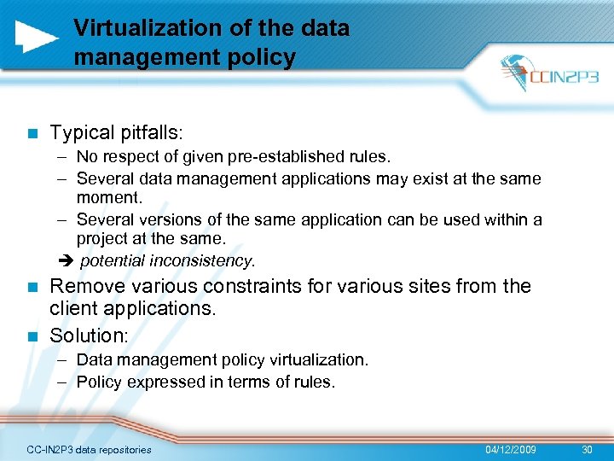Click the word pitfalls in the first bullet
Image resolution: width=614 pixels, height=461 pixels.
147,133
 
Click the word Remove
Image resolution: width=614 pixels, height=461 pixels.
85,287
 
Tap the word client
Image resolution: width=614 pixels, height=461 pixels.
75,309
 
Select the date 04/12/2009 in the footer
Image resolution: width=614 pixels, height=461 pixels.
511,449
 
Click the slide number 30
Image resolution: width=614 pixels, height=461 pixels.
585,449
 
